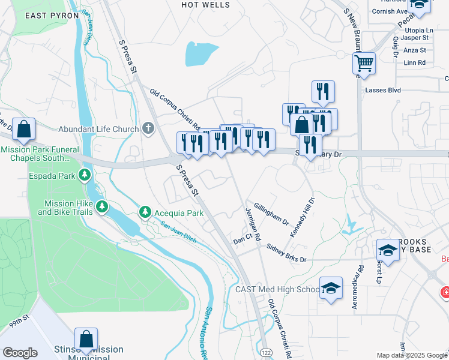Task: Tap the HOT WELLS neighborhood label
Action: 205,5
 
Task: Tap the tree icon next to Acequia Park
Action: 145,212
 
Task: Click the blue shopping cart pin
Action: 364,62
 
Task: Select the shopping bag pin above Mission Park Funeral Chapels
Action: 23,128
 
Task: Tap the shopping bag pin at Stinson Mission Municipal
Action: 86,339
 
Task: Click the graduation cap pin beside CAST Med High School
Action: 330,288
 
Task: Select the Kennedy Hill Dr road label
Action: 301,217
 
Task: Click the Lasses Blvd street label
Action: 382,90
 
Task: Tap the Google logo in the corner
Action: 20,353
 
